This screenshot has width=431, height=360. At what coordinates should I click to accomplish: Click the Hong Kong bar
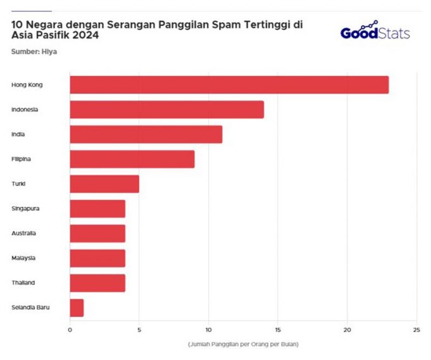[229, 85]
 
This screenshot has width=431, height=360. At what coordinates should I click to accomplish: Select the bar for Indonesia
[166, 109]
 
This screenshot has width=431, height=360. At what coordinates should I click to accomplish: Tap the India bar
[146, 134]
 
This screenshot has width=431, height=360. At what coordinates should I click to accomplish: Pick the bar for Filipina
[132, 159]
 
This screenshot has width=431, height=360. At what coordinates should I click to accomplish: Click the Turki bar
[104, 183]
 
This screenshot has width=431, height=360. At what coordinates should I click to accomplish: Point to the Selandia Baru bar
[77, 307]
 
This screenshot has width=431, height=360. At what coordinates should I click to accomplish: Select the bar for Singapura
[97, 208]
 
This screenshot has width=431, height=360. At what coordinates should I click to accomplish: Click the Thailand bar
[97, 283]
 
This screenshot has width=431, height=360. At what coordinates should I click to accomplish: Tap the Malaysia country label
[23, 258]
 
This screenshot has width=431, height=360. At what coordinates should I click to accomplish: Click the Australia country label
[23, 233]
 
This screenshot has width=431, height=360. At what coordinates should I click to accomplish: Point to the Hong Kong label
[25, 85]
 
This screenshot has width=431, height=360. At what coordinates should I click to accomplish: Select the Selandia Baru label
[30, 307]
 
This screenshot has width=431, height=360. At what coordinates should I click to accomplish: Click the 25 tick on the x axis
[416, 330]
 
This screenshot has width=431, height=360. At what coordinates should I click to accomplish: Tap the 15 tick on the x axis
[278, 330]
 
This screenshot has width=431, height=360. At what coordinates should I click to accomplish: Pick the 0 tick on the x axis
[70, 330]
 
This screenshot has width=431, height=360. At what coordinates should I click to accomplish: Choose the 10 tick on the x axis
[208, 330]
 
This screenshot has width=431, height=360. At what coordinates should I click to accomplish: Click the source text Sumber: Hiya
[34, 51]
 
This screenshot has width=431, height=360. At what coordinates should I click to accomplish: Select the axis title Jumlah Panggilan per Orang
[243, 344]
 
